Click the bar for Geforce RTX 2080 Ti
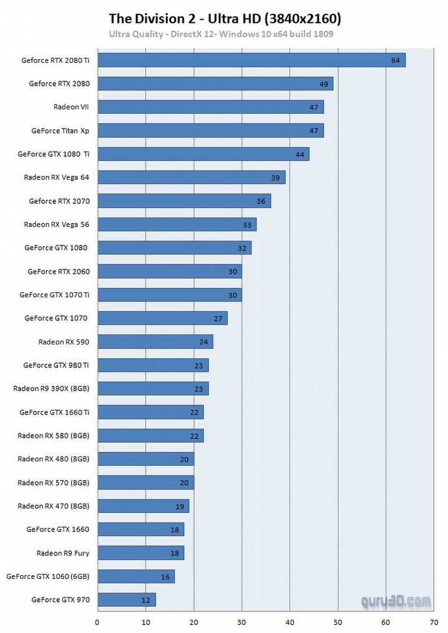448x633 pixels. [x=251, y=60]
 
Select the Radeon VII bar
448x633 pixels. [x=210, y=107]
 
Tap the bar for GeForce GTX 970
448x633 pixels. [x=126, y=600]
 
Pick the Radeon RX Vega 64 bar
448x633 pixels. [x=191, y=177]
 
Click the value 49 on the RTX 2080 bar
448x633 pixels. [x=324, y=84]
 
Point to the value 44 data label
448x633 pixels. [x=300, y=154]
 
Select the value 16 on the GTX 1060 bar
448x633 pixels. [x=165, y=577]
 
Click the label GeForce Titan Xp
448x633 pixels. [x=60, y=131]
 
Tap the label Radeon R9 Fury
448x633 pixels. [x=62, y=553]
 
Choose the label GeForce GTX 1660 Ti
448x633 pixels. [x=54, y=412]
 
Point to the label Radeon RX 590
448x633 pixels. [x=63, y=342]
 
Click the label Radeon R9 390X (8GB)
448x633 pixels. [x=51, y=389]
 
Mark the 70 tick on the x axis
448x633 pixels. [x=434, y=621]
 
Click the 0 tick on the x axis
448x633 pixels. [x=98, y=621]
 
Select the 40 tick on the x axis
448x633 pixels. [x=290, y=621]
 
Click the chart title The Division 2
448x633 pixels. [x=225, y=19]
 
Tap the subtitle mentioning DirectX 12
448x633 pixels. [x=221, y=34]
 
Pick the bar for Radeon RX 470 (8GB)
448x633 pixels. [x=143, y=506]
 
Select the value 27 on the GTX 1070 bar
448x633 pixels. [x=218, y=318]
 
